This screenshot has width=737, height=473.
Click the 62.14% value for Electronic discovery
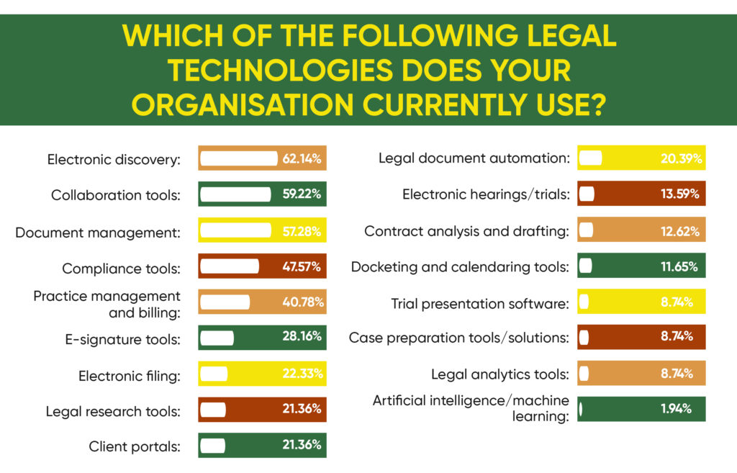[x=301, y=158]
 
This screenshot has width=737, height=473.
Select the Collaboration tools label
[x=115, y=195]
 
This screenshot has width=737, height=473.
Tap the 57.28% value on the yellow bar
[x=301, y=232]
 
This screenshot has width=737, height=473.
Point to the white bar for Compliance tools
[x=229, y=266]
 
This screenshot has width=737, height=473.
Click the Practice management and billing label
[x=107, y=304]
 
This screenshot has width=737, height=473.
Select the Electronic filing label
[x=129, y=375]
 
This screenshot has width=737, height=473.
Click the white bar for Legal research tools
[x=212, y=410]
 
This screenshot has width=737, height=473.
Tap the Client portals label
[x=134, y=446]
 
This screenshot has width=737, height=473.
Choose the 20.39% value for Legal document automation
[x=681, y=158]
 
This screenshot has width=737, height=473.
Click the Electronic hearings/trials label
[x=486, y=194]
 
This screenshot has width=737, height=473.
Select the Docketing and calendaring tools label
[x=460, y=267]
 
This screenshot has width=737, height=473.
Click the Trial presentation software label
[x=480, y=303]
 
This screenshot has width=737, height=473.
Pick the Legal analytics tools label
[x=500, y=374]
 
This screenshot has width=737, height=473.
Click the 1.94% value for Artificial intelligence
[x=676, y=409]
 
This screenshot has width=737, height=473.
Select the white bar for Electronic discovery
[x=238, y=158]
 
